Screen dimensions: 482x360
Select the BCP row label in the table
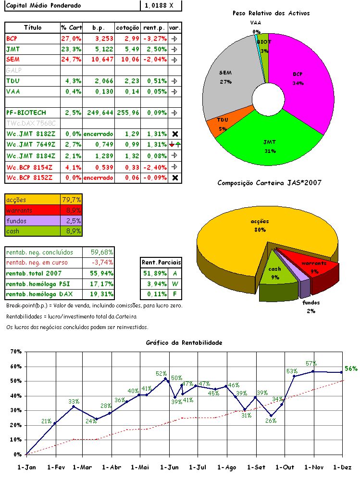(12, 38)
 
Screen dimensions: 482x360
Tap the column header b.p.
(98, 27)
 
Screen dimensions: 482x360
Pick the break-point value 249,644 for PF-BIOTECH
(98, 113)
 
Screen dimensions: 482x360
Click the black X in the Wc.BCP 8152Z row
(175, 178)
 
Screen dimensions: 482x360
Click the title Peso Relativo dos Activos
(271, 13)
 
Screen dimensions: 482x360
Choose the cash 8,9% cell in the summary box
(72, 231)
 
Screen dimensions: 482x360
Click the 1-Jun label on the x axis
(169, 467)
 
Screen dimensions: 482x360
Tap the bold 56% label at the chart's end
(351, 368)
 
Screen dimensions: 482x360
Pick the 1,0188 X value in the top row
(162, 6)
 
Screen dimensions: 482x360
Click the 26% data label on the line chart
(271, 420)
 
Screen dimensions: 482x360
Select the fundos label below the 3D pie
(311, 304)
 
